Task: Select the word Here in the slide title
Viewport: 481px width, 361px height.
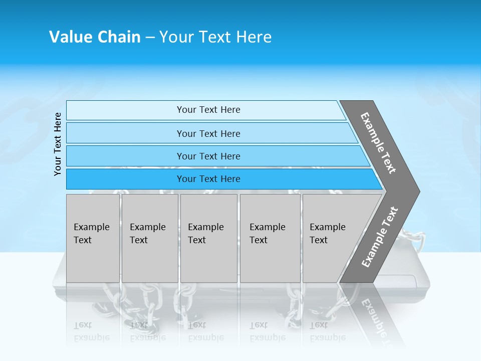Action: [x=254, y=37]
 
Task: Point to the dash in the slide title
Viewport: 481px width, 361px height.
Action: [x=150, y=38]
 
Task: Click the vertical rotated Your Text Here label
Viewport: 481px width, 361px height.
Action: [x=58, y=144]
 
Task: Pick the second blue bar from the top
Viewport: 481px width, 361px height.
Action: [x=208, y=133]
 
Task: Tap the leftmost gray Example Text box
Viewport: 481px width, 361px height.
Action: [x=93, y=238]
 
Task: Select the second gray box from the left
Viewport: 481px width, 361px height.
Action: [x=149, y=238]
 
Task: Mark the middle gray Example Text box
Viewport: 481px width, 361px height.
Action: [x=208, y=238]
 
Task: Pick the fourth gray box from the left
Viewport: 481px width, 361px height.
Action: [x=270, y=238]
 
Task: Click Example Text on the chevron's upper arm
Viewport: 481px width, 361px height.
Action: [x=378, y=143]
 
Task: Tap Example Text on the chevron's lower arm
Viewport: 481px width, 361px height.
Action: [x=380, y=237]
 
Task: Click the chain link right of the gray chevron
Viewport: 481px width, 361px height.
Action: [x=414, y=241]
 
